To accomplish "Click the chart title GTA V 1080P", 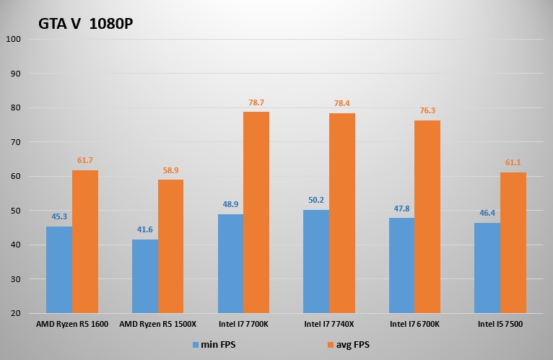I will [x=86, y=24].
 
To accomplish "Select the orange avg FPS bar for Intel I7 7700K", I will [x=256, y=212].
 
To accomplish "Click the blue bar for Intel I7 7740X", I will [x=316, y=261].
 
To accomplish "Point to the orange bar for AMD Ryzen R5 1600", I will [x=85, y=242].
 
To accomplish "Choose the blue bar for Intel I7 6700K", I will [x=401, y=265].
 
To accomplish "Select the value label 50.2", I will [x=316, y=201].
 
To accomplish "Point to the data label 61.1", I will [x=513, y=163].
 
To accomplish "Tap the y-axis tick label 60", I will [x=16, y=176].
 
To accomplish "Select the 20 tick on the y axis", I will [x=16, y=313].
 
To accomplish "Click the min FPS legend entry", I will [x=214, y=345].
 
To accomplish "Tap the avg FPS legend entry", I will [x=347, y=345].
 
